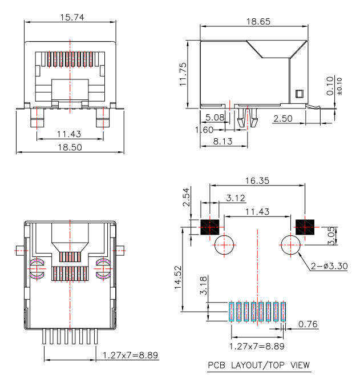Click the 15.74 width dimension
click(72, 18)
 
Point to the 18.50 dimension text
click(68, 147)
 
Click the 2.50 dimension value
click(284, 118)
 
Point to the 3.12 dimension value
click(236, 198)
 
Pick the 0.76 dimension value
click(307, 324)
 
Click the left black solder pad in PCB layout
click(210, 227)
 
